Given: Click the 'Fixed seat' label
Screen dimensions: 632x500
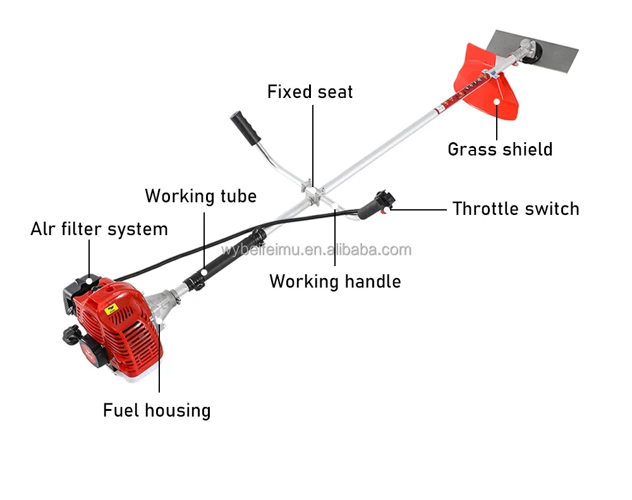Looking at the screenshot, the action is [310, 92].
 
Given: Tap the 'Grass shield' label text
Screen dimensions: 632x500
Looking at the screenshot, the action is [500, 149].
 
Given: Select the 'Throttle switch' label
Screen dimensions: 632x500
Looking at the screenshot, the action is [516, 209].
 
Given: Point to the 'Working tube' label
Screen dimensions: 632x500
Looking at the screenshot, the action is [200, 196].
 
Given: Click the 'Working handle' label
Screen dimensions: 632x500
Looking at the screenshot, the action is [335, 281].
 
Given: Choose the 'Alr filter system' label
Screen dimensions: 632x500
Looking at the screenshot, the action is [99, 229].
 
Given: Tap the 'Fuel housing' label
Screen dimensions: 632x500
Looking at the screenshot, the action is [157, 410].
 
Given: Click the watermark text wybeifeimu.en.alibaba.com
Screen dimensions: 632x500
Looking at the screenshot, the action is [316, 250].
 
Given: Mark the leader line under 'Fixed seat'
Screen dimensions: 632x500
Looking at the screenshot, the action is [312, 142].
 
